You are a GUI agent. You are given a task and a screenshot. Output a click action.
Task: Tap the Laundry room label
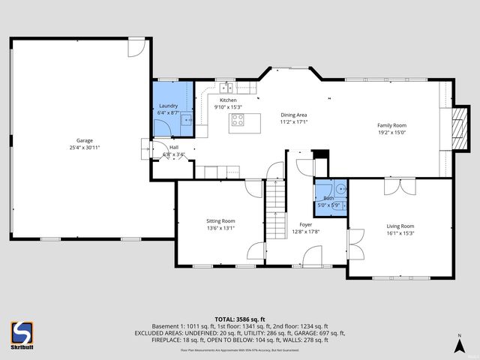169,106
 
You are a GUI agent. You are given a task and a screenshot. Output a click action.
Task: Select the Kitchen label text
228,100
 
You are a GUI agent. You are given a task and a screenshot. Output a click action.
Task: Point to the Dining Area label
293,114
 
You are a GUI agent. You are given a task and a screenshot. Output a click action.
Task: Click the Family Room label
391,125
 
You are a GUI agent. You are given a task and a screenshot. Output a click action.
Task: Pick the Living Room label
400,226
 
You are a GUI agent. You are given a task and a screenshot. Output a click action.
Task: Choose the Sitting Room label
220,220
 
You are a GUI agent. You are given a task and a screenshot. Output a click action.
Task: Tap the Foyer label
305,224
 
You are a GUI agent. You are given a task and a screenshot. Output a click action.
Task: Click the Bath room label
328,197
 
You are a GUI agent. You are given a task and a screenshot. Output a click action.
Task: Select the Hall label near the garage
174,148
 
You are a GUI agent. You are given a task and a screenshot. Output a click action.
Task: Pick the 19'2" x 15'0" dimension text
391,133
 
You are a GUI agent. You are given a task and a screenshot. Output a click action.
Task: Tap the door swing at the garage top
136,46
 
